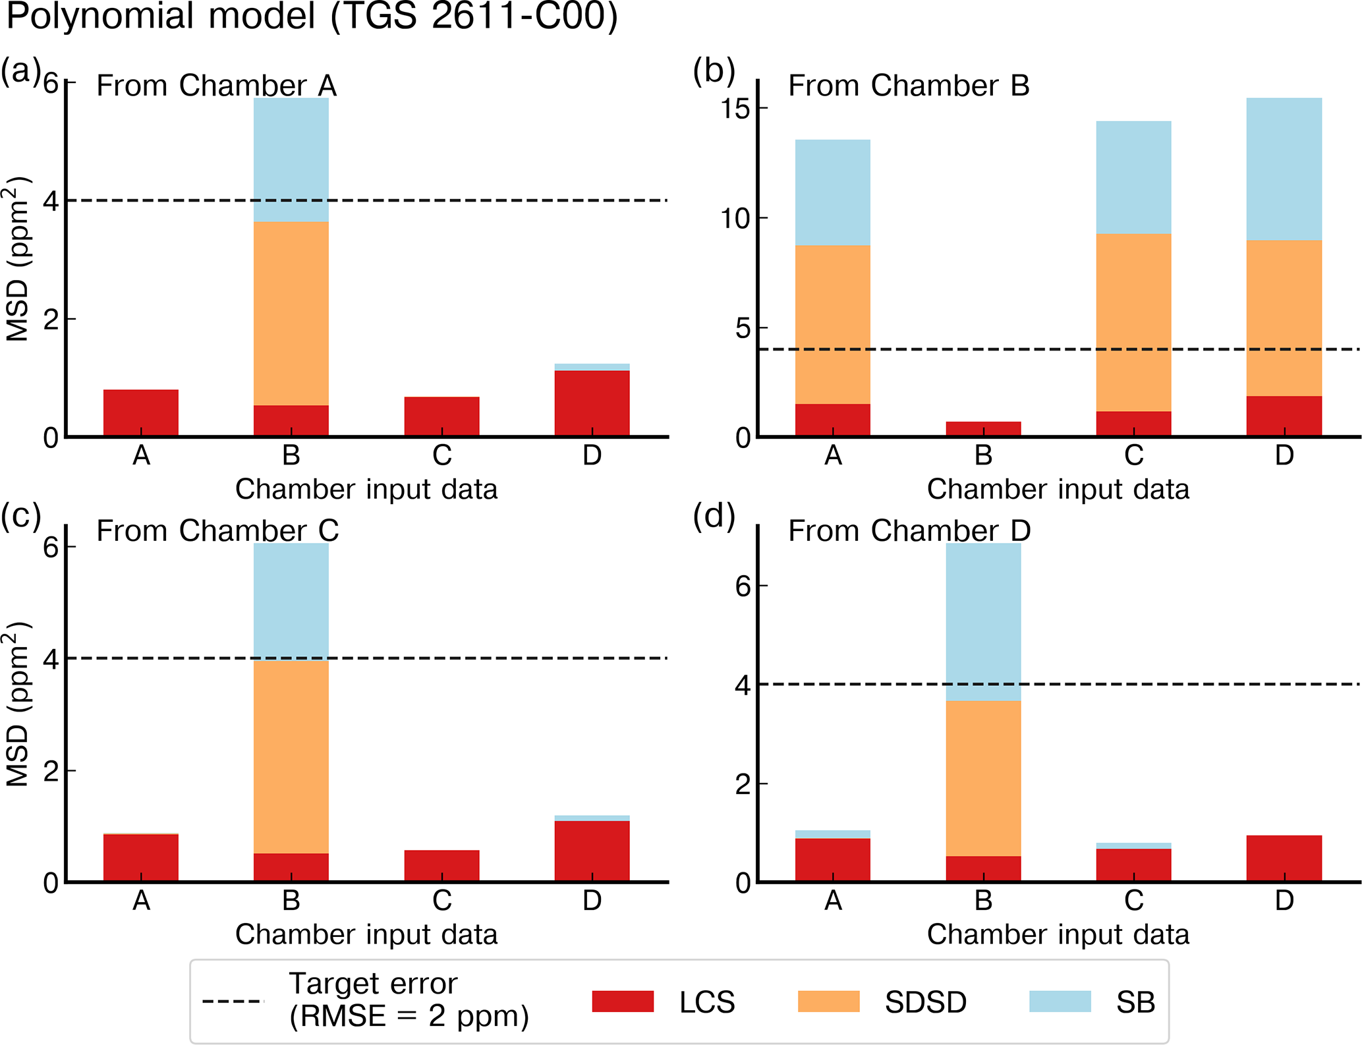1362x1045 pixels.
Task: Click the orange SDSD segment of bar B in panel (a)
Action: (291, 313)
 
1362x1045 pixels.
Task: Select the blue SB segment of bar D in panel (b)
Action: (1284, 169)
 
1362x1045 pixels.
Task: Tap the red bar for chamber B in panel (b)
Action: (983, 428)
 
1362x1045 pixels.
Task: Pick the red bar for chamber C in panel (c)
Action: (441, 865)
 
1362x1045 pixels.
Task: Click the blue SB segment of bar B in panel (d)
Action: (983, 621)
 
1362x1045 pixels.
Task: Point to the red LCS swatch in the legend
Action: (623, 1002)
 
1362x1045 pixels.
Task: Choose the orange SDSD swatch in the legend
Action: (828, 1002)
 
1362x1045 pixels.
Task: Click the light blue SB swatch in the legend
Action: (1060, 1002)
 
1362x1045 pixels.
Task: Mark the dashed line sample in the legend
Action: (233, 1002)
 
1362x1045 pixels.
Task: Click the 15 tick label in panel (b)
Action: (735, 109)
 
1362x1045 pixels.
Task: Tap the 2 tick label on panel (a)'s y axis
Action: (51, 319)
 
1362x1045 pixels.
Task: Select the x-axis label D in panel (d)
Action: (1284, 900)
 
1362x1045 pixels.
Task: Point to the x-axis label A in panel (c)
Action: (141, 900)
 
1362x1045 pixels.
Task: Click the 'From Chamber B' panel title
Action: (909, 86)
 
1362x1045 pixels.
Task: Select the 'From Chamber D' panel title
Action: (909, 531)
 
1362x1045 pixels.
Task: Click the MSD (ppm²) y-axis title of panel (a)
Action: (18, 258)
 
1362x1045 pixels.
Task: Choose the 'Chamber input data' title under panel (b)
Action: (1058, 490)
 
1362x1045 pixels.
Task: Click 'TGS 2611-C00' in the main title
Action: (473, 16)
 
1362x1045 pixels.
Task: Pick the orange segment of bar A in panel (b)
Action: (832, 324)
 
